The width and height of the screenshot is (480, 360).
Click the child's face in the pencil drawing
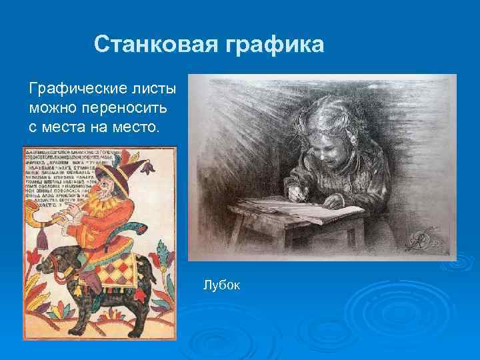(327, 147)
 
